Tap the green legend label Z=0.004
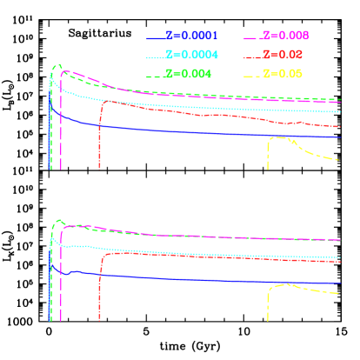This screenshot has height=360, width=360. tap(190, 74)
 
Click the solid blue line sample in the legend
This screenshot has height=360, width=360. tap(156, 37)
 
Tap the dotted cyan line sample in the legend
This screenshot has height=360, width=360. tap(156, 56)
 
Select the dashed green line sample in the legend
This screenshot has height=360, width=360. tap(156, 74)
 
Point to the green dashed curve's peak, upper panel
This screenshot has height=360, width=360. tap(57, 66)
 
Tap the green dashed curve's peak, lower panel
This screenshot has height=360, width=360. tap(58, 221)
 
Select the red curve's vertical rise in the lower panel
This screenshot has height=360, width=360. tap(101, 287)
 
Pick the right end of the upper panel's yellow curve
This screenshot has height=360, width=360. tap(339, 160)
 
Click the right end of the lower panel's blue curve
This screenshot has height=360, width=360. tap(339, 283)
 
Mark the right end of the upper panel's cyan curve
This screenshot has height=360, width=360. tap(339, 111)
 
